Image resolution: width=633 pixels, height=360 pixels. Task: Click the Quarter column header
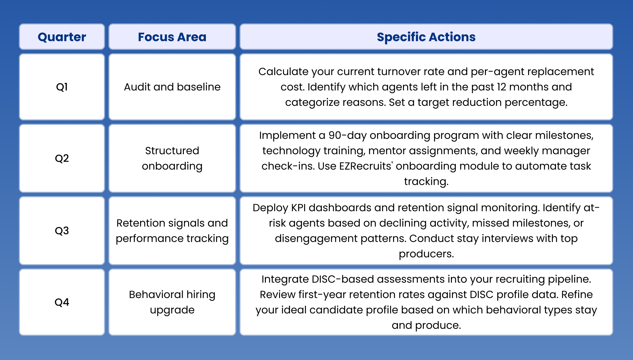click(62, 37)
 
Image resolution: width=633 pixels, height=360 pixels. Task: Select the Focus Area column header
click(172, 37)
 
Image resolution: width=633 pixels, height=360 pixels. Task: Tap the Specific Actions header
click(426, 37)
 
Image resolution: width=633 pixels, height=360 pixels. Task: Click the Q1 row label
click(62, 87)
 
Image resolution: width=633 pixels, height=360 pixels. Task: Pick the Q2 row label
click(62, 158)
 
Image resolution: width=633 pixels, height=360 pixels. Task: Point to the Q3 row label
click(62, 231)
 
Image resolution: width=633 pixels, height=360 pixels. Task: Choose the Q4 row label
click(62, 302)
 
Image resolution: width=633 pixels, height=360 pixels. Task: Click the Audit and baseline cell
click(172, 87)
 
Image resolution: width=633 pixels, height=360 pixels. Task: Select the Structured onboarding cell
click(172, 158)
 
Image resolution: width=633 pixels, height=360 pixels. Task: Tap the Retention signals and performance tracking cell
click(172, 231)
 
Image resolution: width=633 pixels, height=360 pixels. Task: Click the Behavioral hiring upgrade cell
click(172, 302)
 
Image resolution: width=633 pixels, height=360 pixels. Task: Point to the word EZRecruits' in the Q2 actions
click(366, 166)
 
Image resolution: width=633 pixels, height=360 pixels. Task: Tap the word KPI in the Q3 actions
click(298, 208)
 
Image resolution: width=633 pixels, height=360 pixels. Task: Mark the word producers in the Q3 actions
click(426, 254)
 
